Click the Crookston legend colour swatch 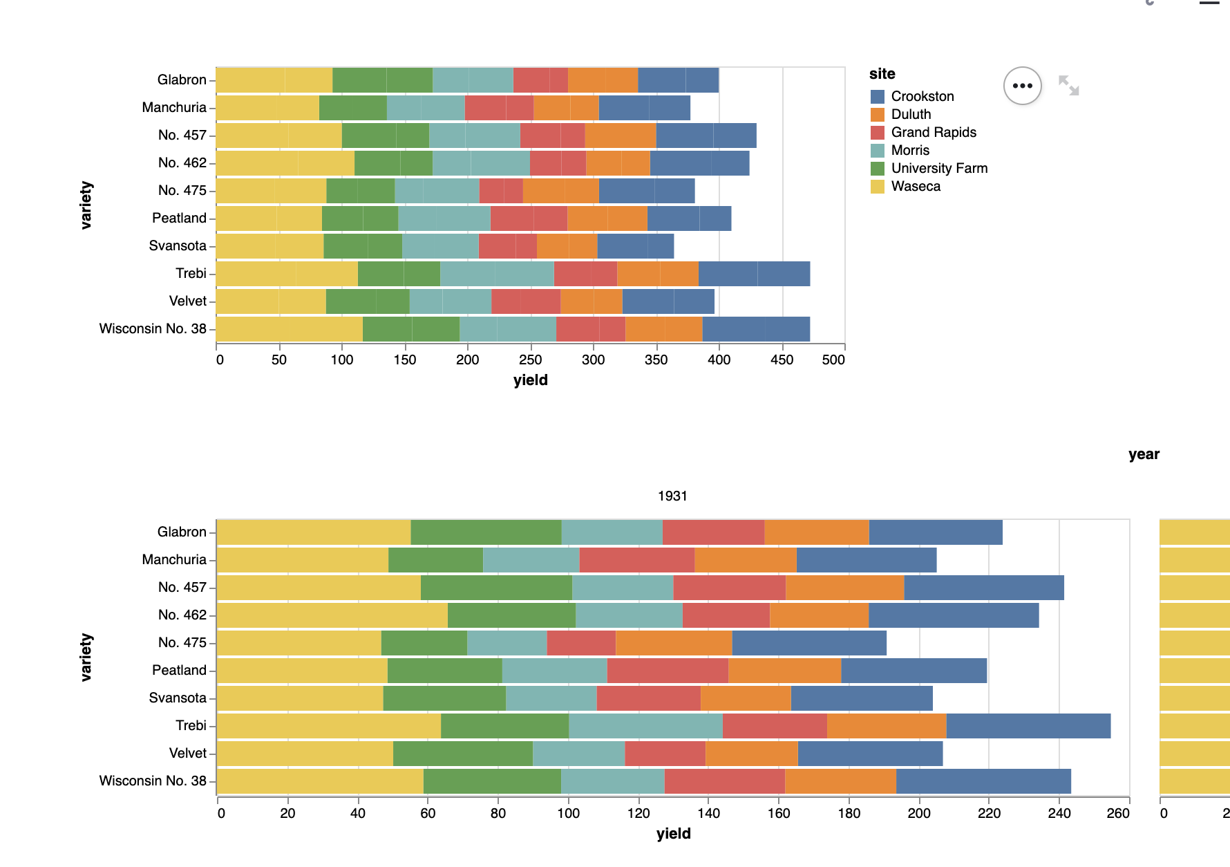click(x=878, y=96)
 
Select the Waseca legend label click(x=916, y=186)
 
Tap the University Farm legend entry click(x=939, y=168)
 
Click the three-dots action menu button click(x=1022, y=86)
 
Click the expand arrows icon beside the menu click(x=1068, y=86)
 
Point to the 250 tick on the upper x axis click(x=530, y=360)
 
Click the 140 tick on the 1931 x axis click(x=708, y=813)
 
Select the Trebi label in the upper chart click(x=191, y=273)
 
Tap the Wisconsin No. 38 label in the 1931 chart click(x=153, y=781)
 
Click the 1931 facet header click(x=672, y=496)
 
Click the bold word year click(x=1144, y=454)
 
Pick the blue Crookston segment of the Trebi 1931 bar click(x=1028, y=726)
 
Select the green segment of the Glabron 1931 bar click(x=486, y=532)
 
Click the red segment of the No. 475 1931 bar click(x=581, y=643)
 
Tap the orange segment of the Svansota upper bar click(x=567, y=246)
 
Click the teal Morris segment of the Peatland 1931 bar click(x=554, y=671)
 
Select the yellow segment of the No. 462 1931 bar click(x=332, y=615)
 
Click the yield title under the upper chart click(x=530, y=380)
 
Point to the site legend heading click(x=882, y=74)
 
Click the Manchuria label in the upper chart click(x=174, y=107)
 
